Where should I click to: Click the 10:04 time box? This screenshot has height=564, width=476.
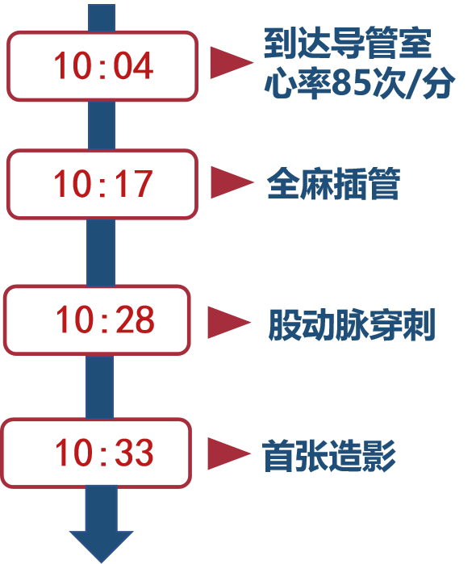pyautogui.click(x=102, y=66)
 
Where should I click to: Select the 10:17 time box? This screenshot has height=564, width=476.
pyautogui.click(x=102, y=184)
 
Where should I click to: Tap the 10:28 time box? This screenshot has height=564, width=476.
pyautogui.click(x=97, y=320)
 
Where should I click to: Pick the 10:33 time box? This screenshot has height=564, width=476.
pyautogui.click(x=96, y=453)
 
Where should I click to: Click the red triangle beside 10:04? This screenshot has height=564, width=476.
pyautogui.click(x=232, y=63)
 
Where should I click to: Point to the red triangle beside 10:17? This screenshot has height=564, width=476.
pyautogui.click(x=232, y=182)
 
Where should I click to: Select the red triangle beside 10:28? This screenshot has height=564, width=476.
pyautogui.click(x=229, y=323)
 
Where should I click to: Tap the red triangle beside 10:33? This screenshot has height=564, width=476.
pyautogui.click(x=229, y=453)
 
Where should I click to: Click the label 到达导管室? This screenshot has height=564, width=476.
pyautogui.click(x=348, y=43)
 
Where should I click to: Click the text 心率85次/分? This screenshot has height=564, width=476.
pyautogui.click(x=360, y=83)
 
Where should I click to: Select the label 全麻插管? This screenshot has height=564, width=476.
pyautogui.click(x=333, y=183)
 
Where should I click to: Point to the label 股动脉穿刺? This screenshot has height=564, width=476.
pyautogui.click(x=352, y=324)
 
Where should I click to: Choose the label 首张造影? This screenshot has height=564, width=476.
pyautogui.click(x=329, y=456)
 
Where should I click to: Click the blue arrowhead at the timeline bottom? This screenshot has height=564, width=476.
pyautogui.click(x=102, y=545)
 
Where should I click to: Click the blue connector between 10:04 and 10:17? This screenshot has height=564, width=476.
pyautogui.click(x=102, y=125)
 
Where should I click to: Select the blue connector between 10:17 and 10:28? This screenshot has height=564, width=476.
pyautogui.click(x=101, y=253)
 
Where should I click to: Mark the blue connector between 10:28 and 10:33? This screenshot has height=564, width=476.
pyautogui.click(x=100, y=386)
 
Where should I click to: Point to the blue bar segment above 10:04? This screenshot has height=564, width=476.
pyautogui.click(x=102, y=18)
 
